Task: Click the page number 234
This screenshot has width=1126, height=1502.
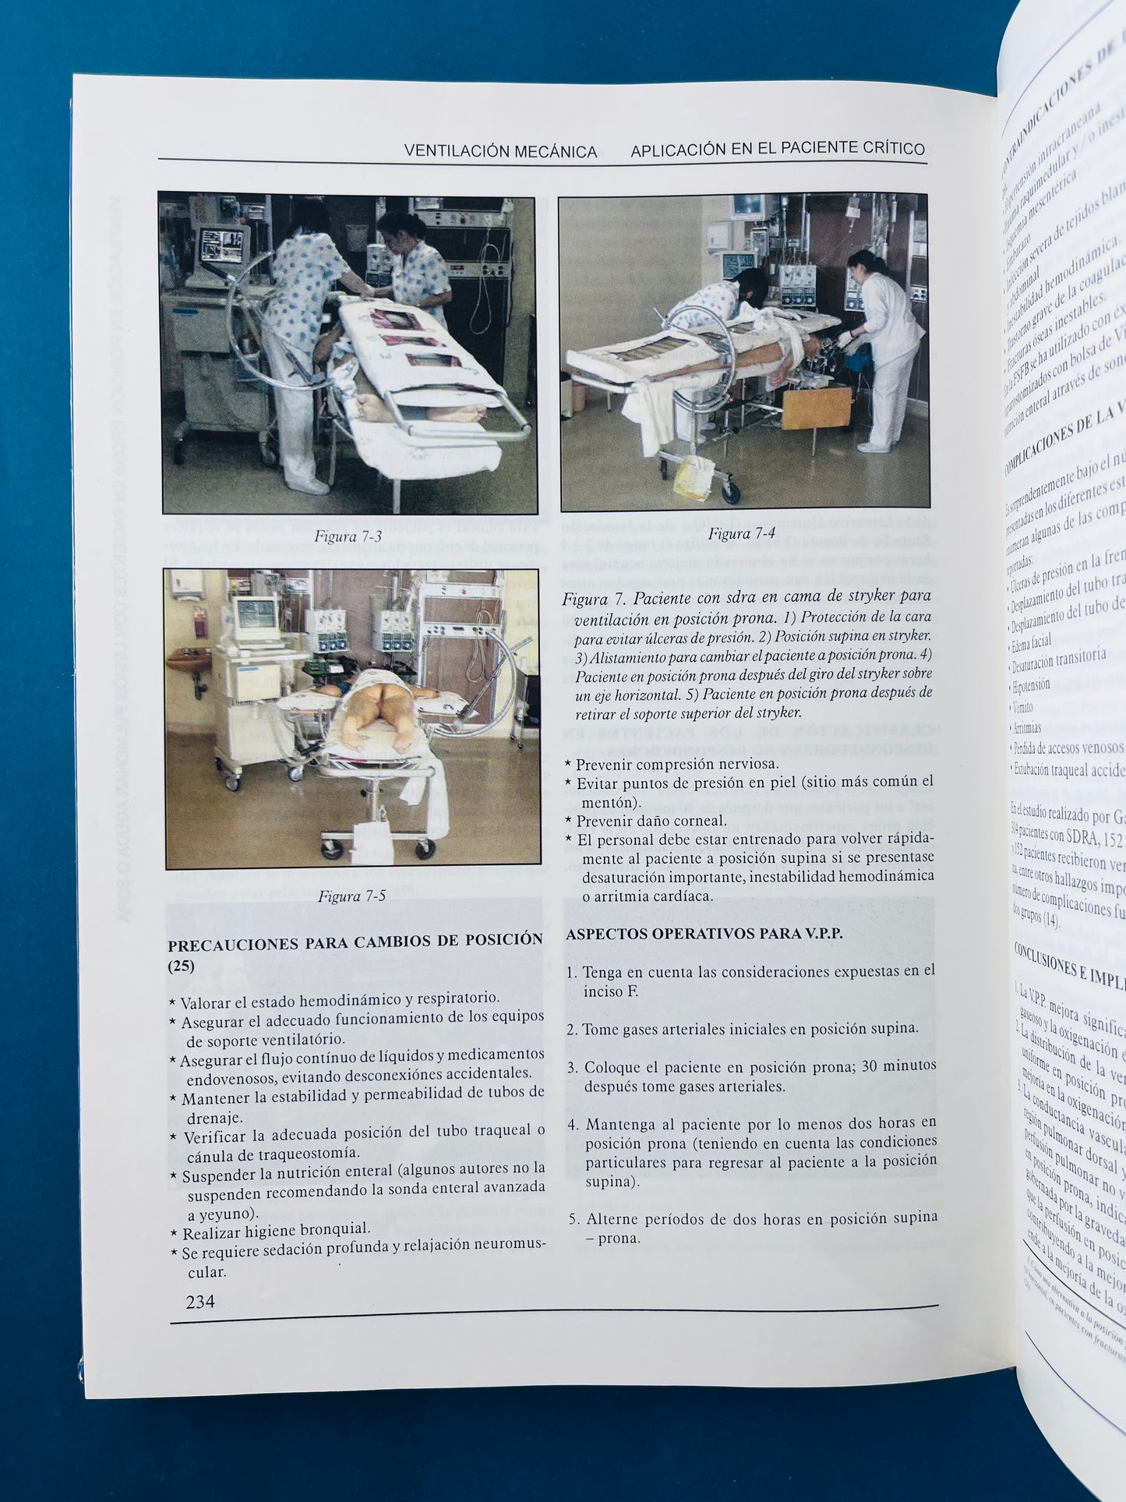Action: click(199, 1301)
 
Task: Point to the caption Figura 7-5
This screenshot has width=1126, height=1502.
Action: click(351, 896)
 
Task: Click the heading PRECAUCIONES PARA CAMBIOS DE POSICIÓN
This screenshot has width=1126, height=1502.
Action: click(355, 941)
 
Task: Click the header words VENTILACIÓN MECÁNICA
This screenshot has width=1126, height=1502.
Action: click(500, 151)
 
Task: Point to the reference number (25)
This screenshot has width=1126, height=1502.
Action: click(182, 967)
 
